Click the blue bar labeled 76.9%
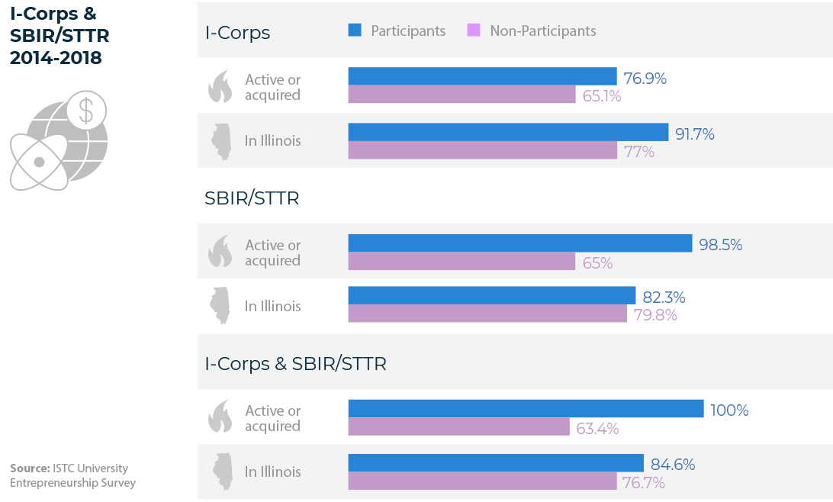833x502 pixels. pos(482,76)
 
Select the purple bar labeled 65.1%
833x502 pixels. pos(462,95)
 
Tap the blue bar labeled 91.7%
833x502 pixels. pos(508,132)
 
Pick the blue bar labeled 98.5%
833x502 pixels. pos(520,243)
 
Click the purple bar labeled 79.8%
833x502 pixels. pos(487,314)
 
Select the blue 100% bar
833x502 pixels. pos(526,408)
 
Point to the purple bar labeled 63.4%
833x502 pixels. pos(459,426)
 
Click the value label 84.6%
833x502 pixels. pos(673,465)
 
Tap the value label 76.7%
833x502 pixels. pos(643,482)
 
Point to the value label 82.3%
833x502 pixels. pos(664,297)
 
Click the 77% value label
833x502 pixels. pos(639,152)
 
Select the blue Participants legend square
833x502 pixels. pos(355,31)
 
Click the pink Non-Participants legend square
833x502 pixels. pos(474,31)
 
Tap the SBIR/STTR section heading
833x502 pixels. pos(252,198)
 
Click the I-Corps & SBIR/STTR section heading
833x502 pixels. pos(295,364)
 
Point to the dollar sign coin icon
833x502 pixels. pos(86,110)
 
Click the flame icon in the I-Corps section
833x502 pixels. pos(220,86)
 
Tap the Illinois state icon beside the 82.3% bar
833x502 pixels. pos(220,305)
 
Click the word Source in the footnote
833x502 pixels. pos(30,468)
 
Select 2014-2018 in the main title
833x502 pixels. pos(56,57)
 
